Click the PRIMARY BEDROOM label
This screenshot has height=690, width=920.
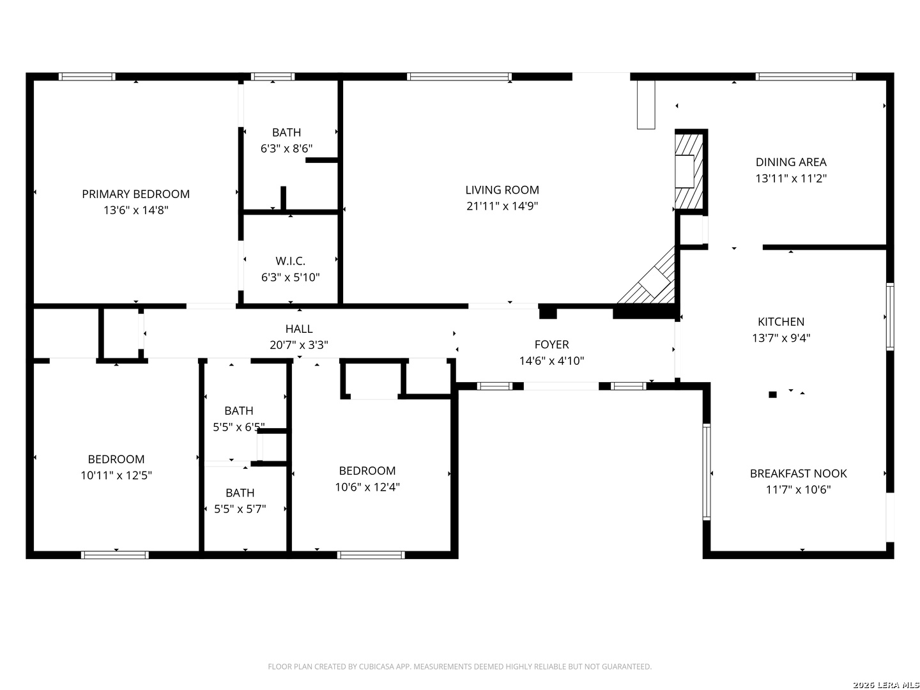pyautogui.click(x=135, y=194)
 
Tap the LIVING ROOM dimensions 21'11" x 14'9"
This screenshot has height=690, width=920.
pyautogui.click(x=502, y=206)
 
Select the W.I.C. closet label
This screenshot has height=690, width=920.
pyautogui.click(x=290, y=261)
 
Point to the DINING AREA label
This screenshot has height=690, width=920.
pyautogui.click(x=790, y=162)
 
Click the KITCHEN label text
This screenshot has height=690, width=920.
pyautogui.click(x=781, y=322)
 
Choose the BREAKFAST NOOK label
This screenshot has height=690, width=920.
pyautogui.click(x=797, y=473)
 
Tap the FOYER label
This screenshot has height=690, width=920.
pyautogui.click(x=551, y=344)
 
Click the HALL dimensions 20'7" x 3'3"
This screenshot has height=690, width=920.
pyautogui.click(x=298, y=345)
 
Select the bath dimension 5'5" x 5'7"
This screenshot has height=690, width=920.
pyautogui.click(x=240, y=509)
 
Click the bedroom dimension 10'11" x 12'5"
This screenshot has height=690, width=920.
pyautogui.click(x=116, y=475)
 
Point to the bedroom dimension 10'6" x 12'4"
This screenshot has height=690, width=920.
pyautogui.click(x=367, y=487)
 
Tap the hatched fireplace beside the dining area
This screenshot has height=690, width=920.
pyautogui.click(x=688, y=171)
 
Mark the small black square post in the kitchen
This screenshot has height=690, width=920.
pyautogui.click(x=772, y=394)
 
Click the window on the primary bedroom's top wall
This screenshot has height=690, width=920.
pyautogui.click(x=87, y=77)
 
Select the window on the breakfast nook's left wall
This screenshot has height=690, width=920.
pyautogui.click(x=706, y=471)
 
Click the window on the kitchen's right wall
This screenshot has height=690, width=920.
pyautogui.click(x=889, y=317)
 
